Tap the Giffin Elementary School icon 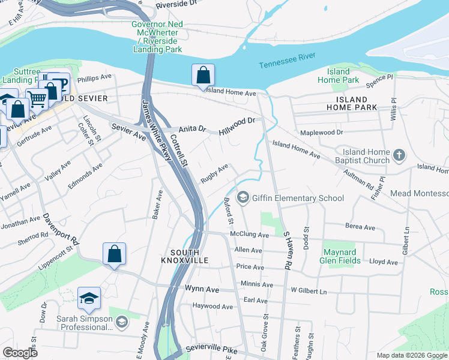[x=243, y=197]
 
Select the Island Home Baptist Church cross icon [x=399, y=157]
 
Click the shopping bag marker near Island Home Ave [x=203, y=76]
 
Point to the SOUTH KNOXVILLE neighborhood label [x=185, y=256]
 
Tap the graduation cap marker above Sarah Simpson [x=89, y=298]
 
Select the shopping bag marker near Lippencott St [x=114, y=254]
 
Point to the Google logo [x=20, y=353]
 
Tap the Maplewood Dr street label [x=322, y=132]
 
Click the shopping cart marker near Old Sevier [x=37, y=98]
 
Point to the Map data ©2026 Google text [x=411, y=355]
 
